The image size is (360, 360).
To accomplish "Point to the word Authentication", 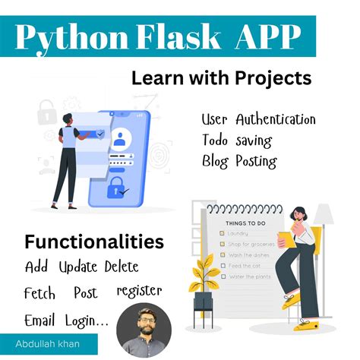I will (275, 120).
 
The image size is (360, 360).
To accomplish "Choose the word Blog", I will (217, 161).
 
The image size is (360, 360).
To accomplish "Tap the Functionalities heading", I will (94, 242).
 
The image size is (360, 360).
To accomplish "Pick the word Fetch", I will (39, 292).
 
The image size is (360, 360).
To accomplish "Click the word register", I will (139, 292).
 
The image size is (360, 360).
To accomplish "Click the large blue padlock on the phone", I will (117, 187).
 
